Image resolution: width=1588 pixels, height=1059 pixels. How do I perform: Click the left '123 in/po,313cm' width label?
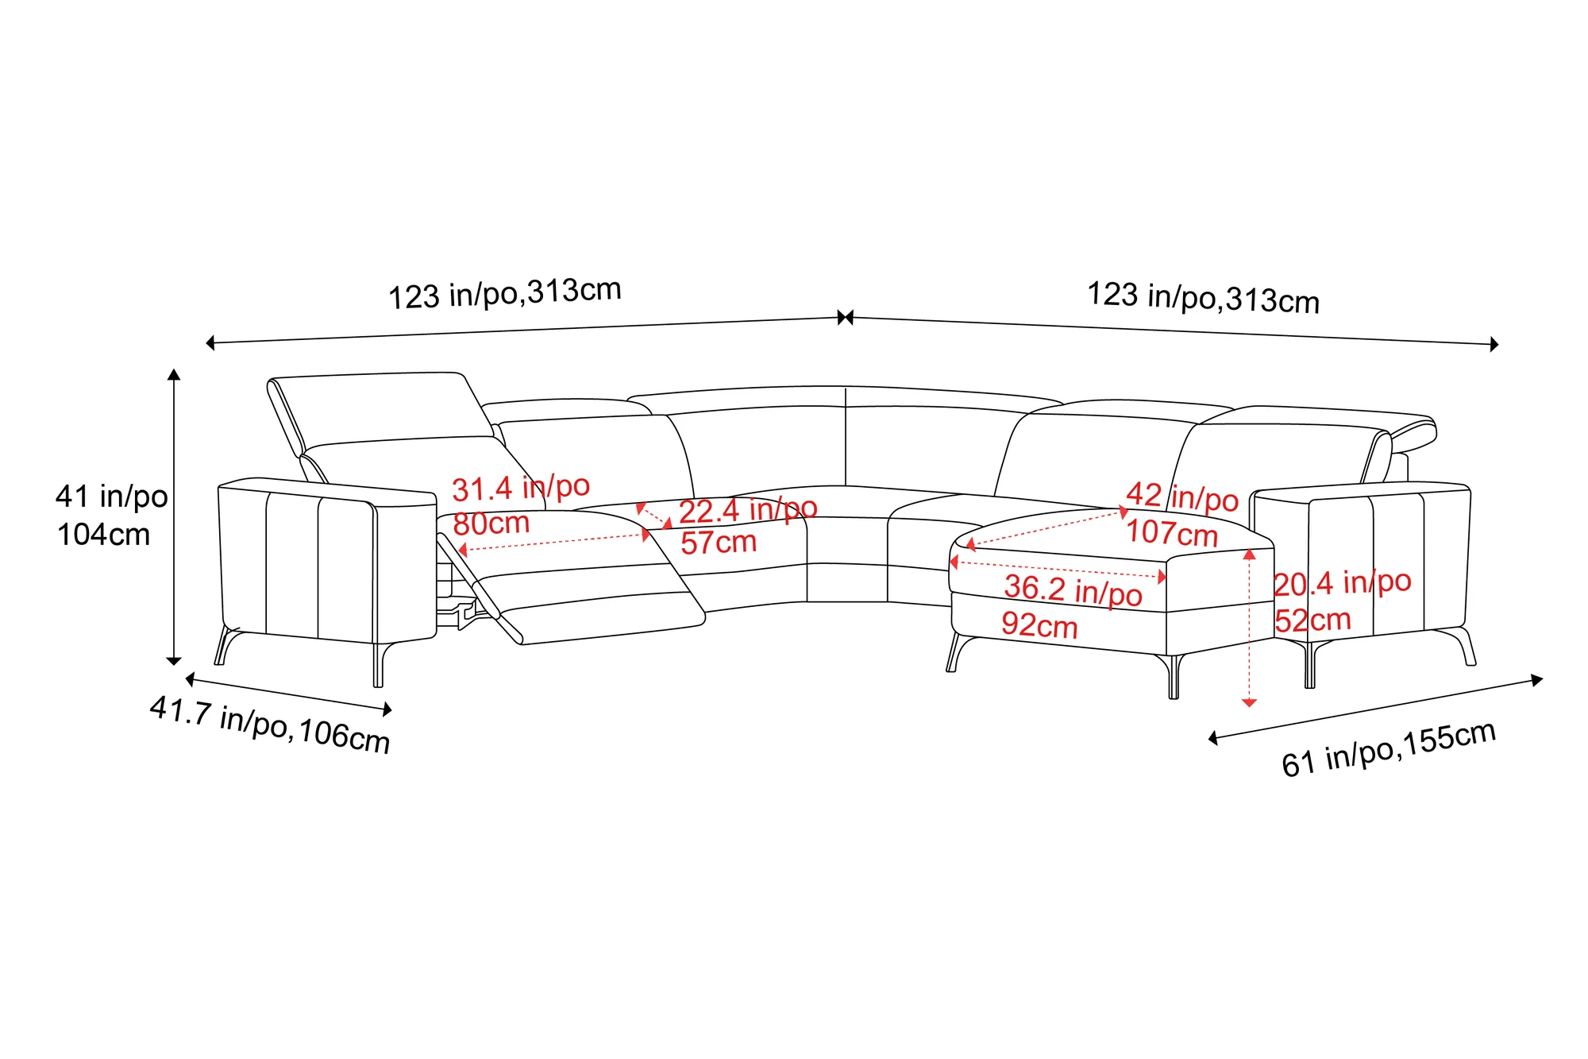coord(504,293)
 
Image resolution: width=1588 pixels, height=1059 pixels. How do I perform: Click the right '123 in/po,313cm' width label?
coord(1203,298)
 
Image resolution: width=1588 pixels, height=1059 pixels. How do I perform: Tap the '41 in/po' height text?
coord(111,497)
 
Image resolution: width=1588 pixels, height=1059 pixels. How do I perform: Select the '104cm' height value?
coord(103,535)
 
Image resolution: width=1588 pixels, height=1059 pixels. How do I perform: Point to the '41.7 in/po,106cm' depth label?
coord(270,725)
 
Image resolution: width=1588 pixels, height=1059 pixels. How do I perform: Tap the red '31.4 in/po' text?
coord(521,487)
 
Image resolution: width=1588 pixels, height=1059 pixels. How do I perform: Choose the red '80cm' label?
coord(491,524)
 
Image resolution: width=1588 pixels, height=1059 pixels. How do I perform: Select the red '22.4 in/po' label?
coord(748,509)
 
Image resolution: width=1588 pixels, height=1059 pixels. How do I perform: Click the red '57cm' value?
coord(719,543)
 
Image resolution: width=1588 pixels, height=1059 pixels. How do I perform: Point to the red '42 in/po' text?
coord(1182,497)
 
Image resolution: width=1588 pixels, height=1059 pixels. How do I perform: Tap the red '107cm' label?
coord(1172,532)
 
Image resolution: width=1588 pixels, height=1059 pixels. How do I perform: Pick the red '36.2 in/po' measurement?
coord(1073,590)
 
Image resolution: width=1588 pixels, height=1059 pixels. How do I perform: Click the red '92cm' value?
coord(1039,625)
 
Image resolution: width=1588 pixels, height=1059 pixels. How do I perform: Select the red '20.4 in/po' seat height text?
coord(1343,583)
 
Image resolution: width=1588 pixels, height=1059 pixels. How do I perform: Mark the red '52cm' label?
coord(1313,620)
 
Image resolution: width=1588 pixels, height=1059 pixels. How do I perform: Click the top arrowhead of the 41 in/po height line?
coord(174,374)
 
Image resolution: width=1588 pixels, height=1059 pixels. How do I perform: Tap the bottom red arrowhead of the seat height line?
coord(1249,702)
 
